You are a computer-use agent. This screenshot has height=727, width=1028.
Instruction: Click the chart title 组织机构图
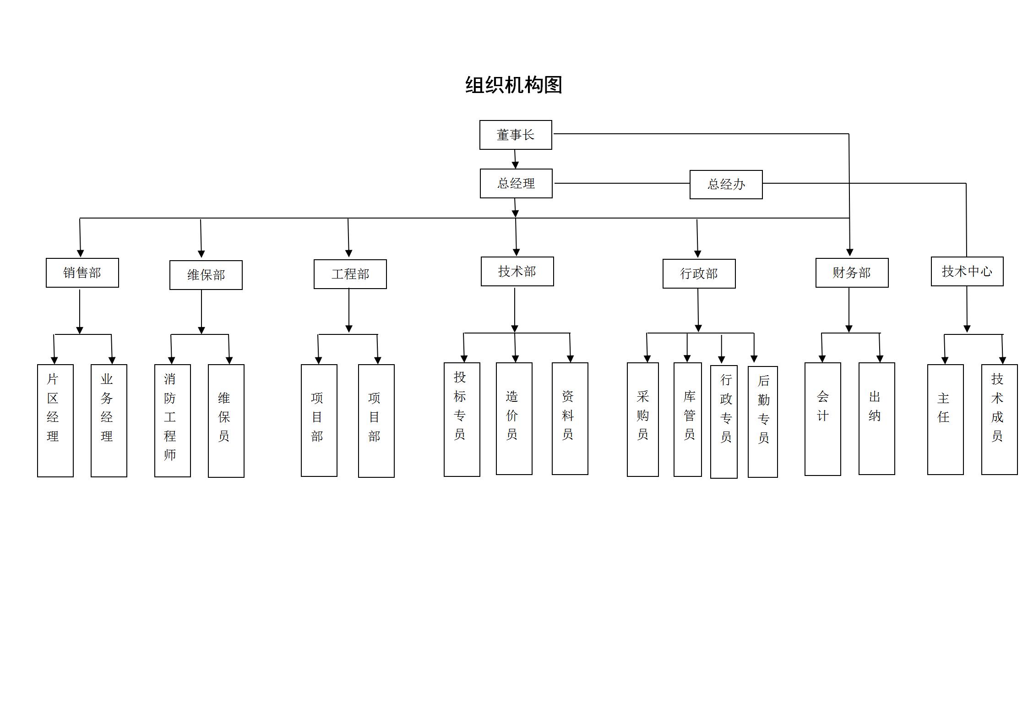tap(513, 85)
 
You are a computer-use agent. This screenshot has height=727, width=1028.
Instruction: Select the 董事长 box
tap(516, 135)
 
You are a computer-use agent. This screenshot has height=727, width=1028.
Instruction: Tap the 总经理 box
tap(516, 183)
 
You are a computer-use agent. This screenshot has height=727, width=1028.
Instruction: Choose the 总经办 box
tap(726, 184)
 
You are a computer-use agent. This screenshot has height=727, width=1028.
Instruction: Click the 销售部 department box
tap(82, 273)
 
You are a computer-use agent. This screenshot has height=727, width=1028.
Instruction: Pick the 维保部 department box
tap(206, 275)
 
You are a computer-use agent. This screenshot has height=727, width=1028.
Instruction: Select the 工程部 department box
tap(350, 274)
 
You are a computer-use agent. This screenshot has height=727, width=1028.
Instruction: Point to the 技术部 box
tap(517, 271)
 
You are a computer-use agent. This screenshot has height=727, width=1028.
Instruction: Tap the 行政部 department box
tap(699, 273)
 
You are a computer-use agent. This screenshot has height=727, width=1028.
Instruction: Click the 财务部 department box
tap(852, 273)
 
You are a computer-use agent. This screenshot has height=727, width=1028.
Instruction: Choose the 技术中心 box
tap(967, 271)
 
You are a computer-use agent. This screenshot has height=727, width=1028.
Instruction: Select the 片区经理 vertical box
tap(55, 420)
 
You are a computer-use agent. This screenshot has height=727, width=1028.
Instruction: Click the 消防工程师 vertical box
tap(172, 420)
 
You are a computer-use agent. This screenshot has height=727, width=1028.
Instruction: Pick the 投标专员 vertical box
tap(462, 419)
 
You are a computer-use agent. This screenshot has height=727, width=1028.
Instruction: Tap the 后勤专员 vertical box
tap(762, 421)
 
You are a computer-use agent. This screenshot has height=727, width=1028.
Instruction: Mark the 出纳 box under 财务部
tap(876, 418)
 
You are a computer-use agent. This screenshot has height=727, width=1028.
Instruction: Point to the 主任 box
tap(945, 419)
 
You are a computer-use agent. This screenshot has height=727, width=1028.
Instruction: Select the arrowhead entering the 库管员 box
tap(687, 358)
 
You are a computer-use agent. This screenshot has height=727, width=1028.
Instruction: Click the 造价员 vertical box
tap(514, 418)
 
